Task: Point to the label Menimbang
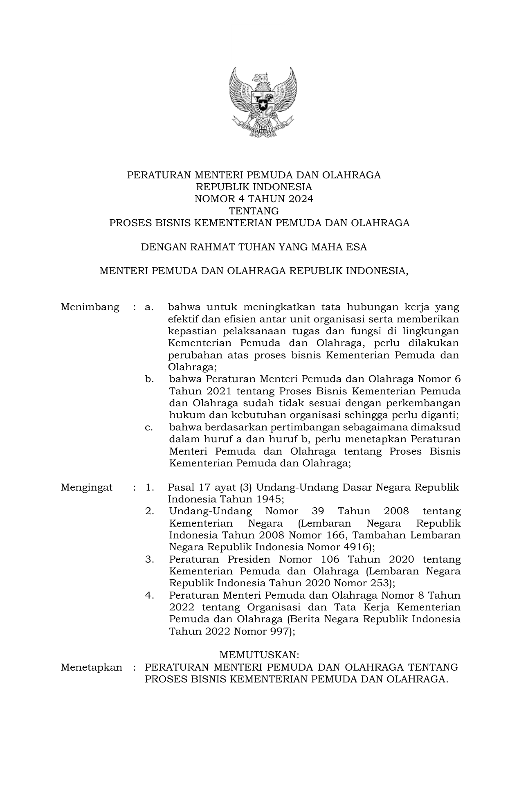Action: (90, 307)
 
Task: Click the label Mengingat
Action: (87, 487)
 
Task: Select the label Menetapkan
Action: (91, 667)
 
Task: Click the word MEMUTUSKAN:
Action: (260, 655)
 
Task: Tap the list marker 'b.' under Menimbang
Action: (149, 379)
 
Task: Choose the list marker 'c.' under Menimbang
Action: (149, 427)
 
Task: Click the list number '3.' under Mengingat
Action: (150, 559)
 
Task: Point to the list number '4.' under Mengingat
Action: (150, 595)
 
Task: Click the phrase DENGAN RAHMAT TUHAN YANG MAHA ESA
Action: (254, 247)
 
